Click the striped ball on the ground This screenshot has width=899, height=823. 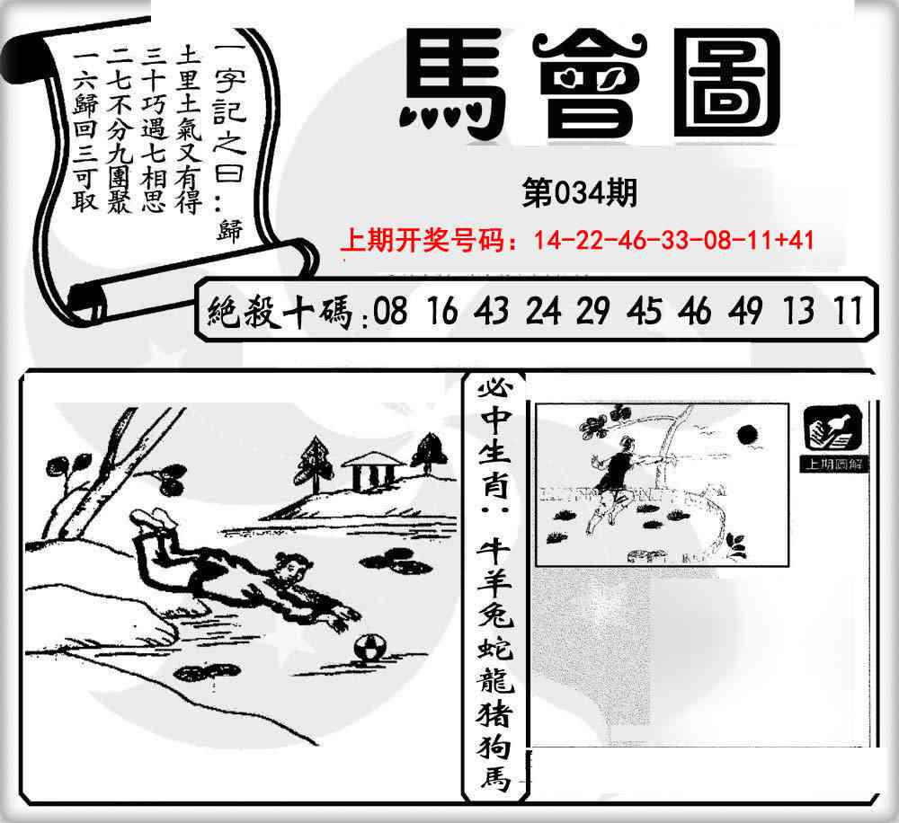[368, 650]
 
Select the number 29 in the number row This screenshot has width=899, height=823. [592, 312]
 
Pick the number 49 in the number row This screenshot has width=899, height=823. [745, 312]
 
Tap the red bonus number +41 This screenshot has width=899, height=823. [797, 240]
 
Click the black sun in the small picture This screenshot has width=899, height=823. [745, 436]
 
